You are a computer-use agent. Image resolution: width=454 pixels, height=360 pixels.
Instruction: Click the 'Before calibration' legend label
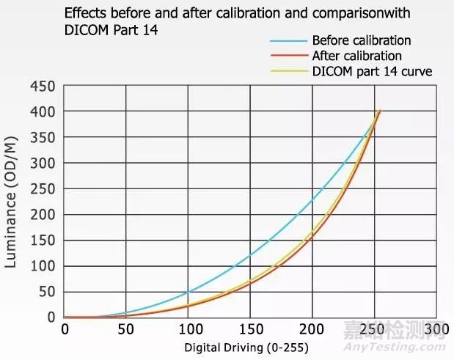point(361,40)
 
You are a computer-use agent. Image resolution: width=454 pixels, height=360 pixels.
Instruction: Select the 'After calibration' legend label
point(356,56)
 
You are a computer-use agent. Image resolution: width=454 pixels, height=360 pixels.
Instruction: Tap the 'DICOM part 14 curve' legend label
point(372,71)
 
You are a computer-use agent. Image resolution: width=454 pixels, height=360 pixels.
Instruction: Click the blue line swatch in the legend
point(288,41)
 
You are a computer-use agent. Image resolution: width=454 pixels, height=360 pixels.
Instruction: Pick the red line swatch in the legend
point(288,56)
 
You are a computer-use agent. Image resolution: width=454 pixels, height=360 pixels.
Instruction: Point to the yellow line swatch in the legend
point(288,71)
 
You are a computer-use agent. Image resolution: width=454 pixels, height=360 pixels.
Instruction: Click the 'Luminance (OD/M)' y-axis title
point(12,202)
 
